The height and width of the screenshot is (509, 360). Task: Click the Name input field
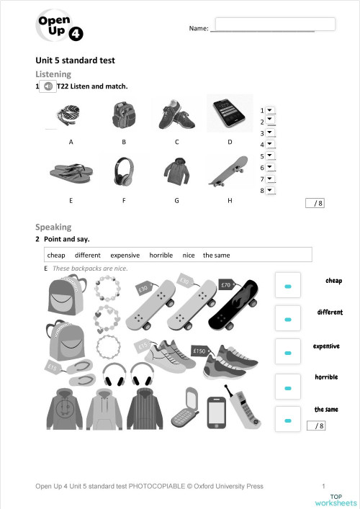(275, 24)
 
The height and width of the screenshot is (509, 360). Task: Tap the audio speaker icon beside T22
(47, 86)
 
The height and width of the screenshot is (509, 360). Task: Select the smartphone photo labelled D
(230, 114)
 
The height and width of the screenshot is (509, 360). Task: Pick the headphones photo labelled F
(124, 171)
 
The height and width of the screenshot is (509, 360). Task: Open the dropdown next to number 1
(270, 110)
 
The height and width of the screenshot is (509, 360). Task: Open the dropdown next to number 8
(270, 190)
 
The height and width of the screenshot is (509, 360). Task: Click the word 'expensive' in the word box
(125, 255)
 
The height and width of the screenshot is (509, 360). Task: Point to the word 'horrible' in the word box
(161, 255)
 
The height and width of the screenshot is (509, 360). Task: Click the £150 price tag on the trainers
(199, 351)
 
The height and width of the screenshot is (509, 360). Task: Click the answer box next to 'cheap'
(288, 287)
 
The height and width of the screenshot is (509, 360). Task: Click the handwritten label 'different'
(330, 312)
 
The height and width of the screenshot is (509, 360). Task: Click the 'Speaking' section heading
(53, 227)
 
